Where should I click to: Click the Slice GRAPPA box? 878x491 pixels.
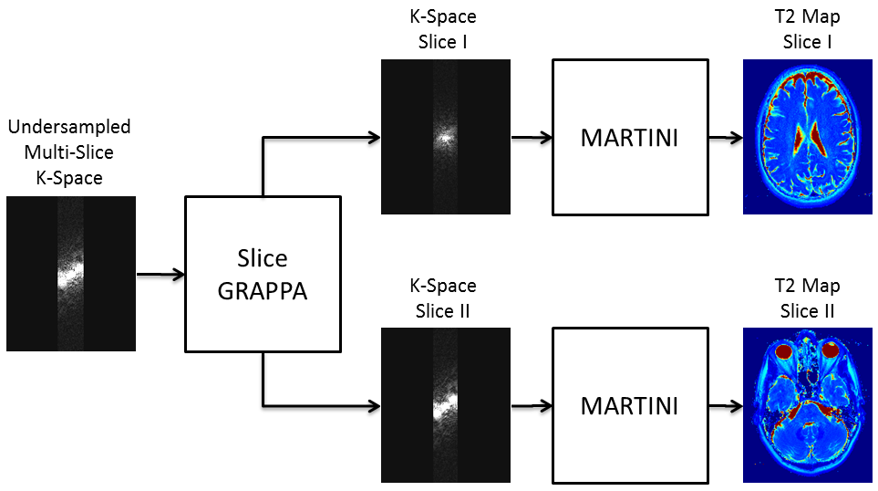point(263,274)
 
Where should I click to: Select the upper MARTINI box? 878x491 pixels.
point(630,138)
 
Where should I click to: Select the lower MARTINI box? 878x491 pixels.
point(630,405)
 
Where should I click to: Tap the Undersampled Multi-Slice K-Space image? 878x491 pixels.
point(71,274)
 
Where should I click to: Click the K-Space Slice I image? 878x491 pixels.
point(445,137)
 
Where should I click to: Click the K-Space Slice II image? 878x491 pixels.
point(445,405)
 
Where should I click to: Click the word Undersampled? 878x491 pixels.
point(69,127)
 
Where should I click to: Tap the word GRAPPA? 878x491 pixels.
point(263,293)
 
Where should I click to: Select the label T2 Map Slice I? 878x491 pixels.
point(801,28)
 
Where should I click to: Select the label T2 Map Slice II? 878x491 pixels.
point(801,298)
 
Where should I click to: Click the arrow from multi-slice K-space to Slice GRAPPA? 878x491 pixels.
point(160,273)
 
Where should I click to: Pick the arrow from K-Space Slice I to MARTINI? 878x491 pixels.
point(531,138)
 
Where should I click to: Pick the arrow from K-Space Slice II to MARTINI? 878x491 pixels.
point(531,405)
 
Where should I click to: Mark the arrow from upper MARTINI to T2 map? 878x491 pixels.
point(725,138)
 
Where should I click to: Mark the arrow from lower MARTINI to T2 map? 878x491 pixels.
point(725,405)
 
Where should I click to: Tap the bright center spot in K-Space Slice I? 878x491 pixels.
point(444,137)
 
